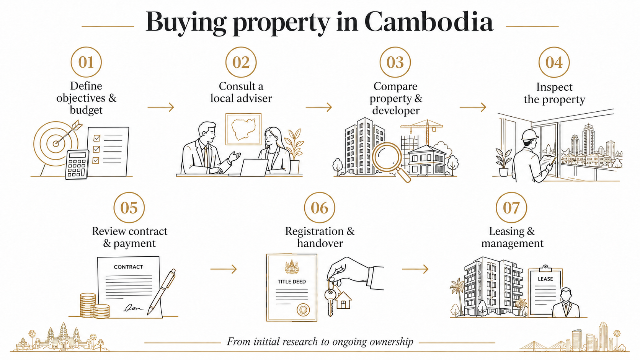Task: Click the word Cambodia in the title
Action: click(x=429, y=22)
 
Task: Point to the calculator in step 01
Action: click(x=77, y=165)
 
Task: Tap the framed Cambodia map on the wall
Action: click(x=243, y=129)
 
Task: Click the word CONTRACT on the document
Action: click(x=128, y=267)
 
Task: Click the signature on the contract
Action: click(x=133, y=308)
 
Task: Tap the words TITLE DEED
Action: click(x=292, y=282)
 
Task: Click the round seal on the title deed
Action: click(x=303, y=310)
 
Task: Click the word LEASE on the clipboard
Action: click(x=545, y=279)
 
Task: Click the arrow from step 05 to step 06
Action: click(x=224, y=269)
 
